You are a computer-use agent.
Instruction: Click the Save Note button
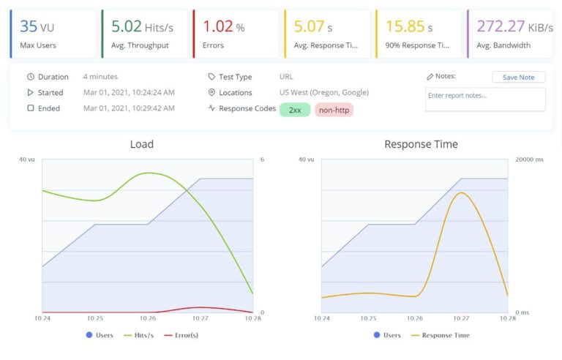(x=518, y=77)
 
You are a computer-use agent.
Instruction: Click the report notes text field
(x=484, y=100)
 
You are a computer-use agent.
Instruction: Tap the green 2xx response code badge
(x=294, y=109)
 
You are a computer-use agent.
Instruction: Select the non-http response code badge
(x=334, y=109)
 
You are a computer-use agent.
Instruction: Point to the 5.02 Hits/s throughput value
(x=141, y=26)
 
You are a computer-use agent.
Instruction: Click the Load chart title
(x=141, y=144)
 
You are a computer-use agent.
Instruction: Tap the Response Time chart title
(x=421, y=144)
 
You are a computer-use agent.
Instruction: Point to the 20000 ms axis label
(x=529, y=159)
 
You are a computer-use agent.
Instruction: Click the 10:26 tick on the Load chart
(x=148, y=318)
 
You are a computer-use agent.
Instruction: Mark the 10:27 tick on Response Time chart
(x=461, y=318)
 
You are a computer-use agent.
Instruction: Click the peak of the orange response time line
(x=460, y=192)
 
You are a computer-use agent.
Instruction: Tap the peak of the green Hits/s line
(x=149, y=173)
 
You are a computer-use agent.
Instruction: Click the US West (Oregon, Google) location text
(x=323, y=92)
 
